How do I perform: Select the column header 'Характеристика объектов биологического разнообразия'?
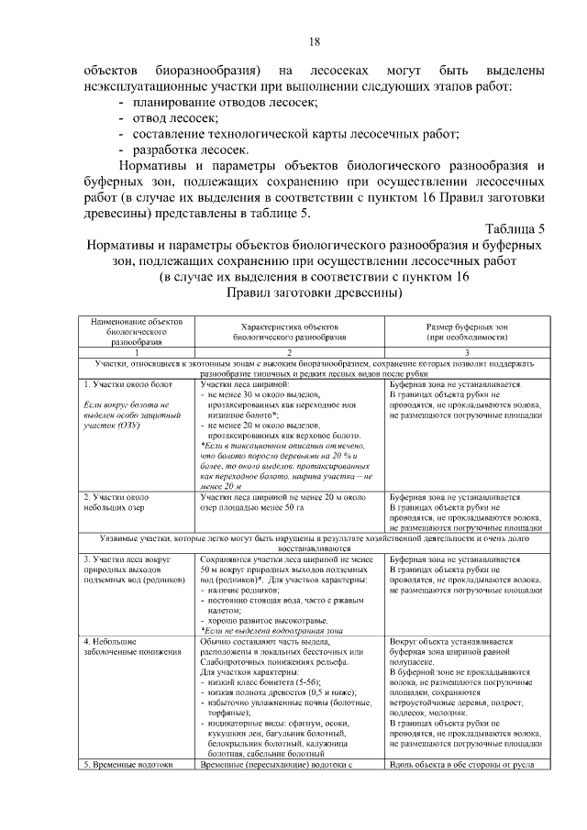(289, 332)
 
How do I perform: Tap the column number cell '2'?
(289, 352)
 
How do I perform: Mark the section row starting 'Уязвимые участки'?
(314, 542)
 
